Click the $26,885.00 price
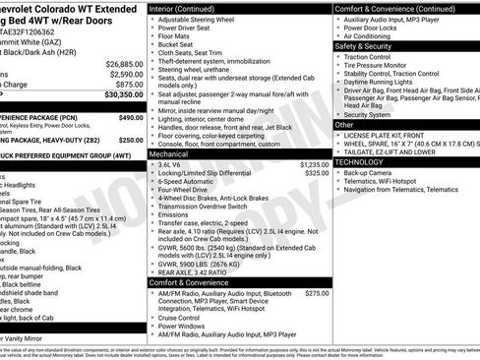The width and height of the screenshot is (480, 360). pos(124,63)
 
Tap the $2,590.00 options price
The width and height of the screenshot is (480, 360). pos(126,74)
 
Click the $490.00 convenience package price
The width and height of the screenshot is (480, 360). pos(131,117)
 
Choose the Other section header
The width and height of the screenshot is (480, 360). pos(343,124)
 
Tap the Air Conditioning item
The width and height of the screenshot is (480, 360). pos(377,34)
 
